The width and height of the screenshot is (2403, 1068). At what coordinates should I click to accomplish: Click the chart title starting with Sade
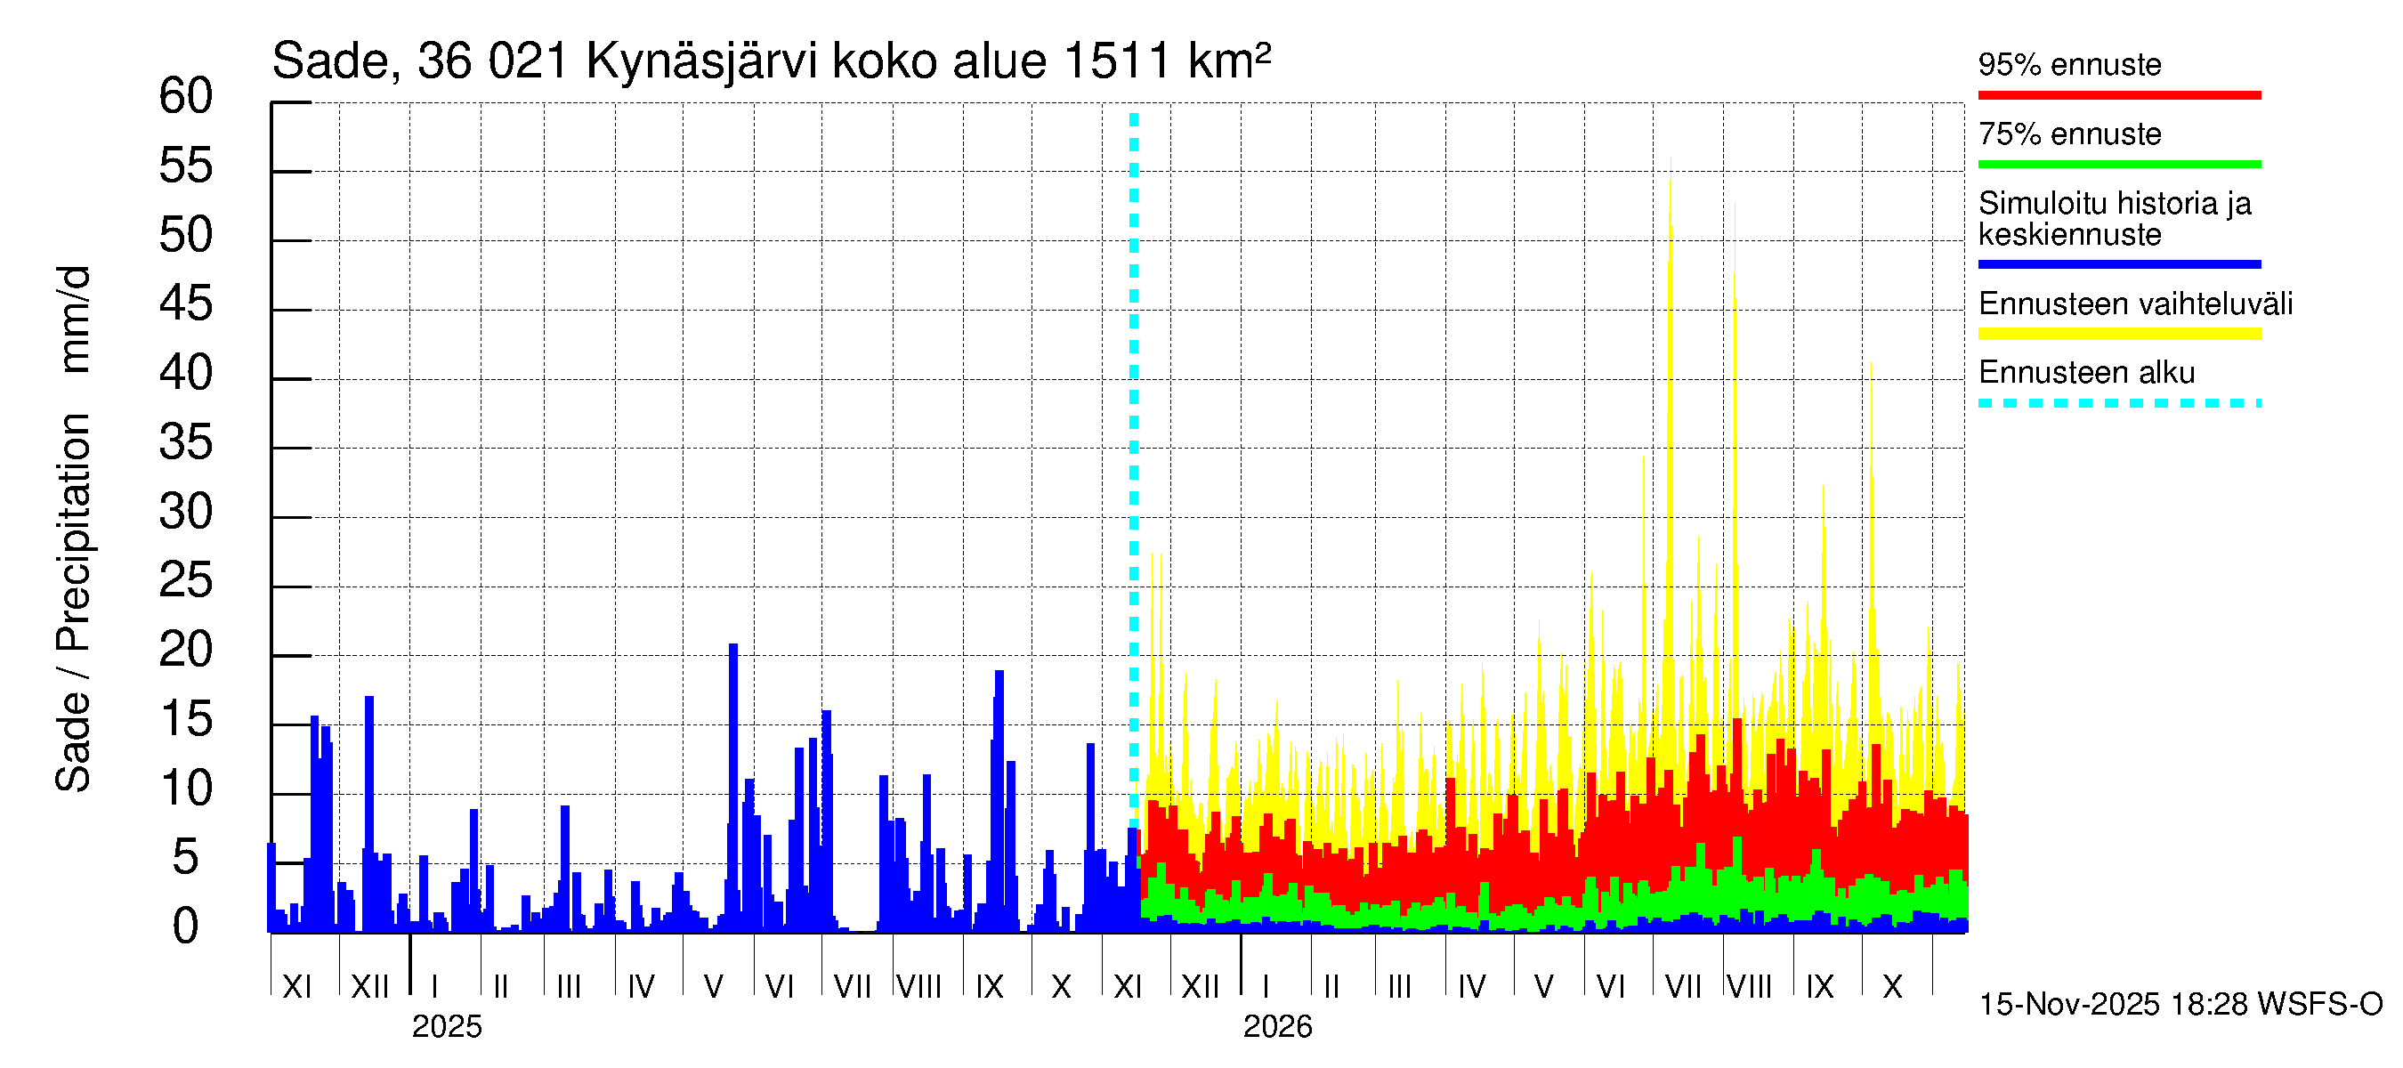(771, 61)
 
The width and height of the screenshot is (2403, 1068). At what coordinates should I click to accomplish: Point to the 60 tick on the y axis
(186, 96)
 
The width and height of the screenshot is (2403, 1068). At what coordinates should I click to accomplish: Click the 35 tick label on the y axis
(186, 442)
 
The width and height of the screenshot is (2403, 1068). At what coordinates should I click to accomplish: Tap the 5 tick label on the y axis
(186, 857)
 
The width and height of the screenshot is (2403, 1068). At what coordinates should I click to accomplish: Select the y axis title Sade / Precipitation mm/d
(73, 529)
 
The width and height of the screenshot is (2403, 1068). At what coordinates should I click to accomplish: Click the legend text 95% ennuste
(2069, 64)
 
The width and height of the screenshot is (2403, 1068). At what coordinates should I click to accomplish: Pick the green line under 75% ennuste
(2118, 164)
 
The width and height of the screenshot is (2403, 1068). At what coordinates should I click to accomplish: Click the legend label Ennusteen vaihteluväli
(2135, 304)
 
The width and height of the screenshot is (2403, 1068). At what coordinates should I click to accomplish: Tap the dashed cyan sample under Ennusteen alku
(2118, 404)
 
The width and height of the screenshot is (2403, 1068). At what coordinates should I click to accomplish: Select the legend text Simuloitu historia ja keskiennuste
(2114, 218)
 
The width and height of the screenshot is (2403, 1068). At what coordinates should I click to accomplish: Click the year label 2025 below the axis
(447, 1027)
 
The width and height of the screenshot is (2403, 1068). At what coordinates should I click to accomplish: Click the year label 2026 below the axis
(1277, 1027)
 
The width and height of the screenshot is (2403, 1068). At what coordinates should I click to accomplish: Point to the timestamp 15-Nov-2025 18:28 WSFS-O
(2180, 1005)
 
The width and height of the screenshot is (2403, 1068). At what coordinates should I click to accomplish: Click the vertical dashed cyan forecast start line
(1133, 466)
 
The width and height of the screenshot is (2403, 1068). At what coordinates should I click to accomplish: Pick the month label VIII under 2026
(1749, 987)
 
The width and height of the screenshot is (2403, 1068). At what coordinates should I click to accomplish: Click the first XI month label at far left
(296, 987)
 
